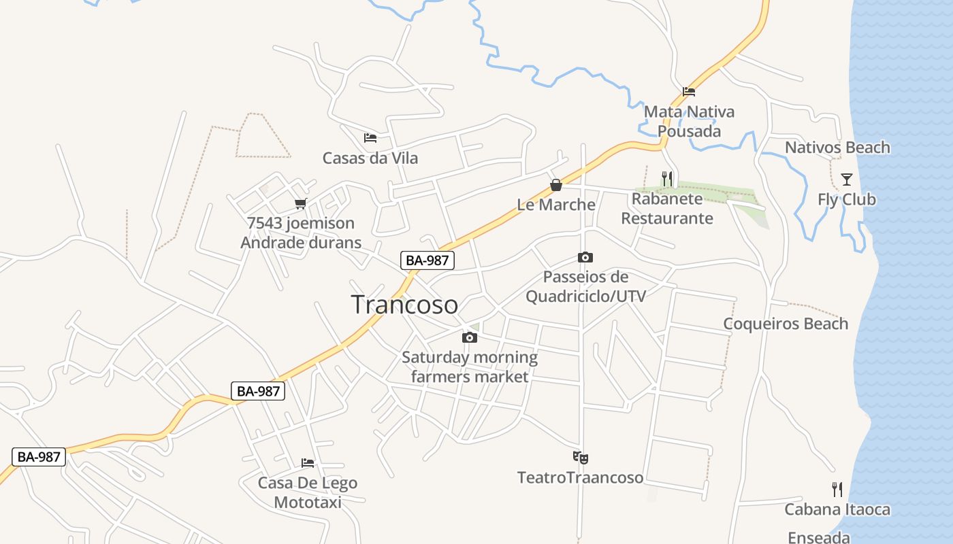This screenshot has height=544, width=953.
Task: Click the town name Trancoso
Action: click(x=404, y=305)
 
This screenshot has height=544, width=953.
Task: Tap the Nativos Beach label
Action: click(x=837, y=148)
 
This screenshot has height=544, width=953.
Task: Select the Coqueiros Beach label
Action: click(x=786, y=324)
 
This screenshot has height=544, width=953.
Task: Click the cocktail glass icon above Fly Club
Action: click(x=846, y=180)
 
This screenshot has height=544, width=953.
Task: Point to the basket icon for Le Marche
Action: click(x=556, y=185)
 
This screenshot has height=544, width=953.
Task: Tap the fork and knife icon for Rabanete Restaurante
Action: click(x=667, y=179)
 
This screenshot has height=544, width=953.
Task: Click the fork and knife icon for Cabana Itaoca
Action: click(x=837, y=489)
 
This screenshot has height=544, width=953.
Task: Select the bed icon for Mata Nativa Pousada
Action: click(x=689, y=92)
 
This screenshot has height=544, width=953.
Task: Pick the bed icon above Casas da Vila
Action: click(x=370, y=138)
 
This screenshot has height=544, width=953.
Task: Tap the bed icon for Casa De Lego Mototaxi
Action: click(x=308, y=463)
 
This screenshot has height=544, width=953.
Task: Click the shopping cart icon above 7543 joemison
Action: click(x=301, y=203)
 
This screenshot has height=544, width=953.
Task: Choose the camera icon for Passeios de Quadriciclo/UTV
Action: click(x=585, y=257)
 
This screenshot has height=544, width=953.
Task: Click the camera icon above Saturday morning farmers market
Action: click(x=469, y=338)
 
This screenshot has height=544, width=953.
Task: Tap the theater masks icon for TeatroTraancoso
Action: click(x=580, y=458)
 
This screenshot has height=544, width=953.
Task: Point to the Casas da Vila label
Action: click(x=370, y=158)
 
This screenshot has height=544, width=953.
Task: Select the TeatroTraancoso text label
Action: click(x=580, y=477)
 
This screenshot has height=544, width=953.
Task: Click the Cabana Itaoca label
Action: click(x=837, y=509)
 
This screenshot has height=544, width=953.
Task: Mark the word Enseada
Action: click(x=819, y=537)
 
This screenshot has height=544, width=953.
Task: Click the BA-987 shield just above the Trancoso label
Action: click(x=427, y=260)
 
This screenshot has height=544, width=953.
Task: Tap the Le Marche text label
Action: click(x=556, y=205)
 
